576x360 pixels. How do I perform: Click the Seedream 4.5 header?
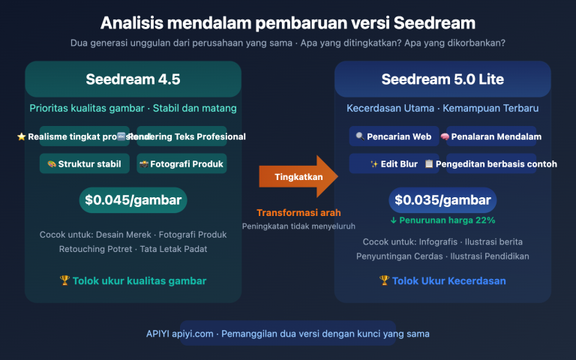point(133,79)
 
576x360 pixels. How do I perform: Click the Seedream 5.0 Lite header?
point(442,79)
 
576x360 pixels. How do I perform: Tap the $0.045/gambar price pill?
point(133,200)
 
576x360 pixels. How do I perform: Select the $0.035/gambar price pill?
point(442,200)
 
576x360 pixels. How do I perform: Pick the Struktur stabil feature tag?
point(85,163)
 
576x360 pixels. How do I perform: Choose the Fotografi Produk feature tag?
point(182,163)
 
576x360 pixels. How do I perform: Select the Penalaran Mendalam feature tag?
point(490,136)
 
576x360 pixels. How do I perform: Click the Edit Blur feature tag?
point(394,163)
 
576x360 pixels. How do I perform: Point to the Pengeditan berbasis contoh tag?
point(490,163)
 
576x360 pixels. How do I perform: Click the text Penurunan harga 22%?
point(442,220)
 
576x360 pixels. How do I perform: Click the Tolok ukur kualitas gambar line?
point(133,280)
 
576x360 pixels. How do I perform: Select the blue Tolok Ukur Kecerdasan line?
point(442,280)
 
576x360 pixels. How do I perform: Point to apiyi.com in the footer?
point(193,333)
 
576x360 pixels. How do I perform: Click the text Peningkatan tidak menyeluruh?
point(298,226)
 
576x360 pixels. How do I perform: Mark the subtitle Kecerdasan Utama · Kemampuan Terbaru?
point(442,109)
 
